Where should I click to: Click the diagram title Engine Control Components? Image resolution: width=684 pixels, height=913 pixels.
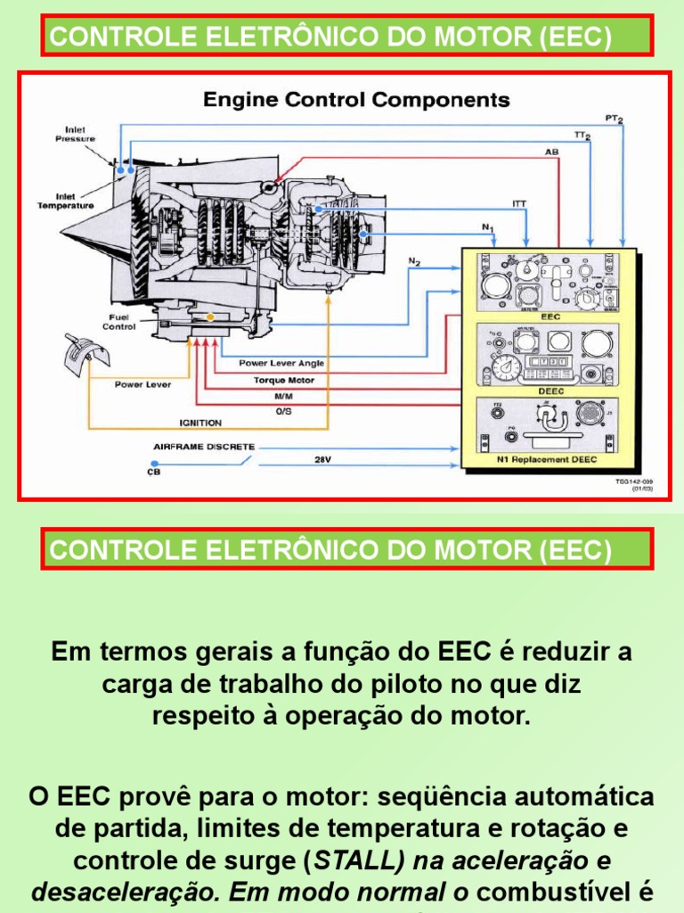[356, 99]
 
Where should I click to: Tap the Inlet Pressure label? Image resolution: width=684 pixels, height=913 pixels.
[75, 135]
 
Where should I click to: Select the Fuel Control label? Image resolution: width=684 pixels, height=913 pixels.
[120, 322]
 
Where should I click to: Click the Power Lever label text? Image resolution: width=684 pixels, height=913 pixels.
[142, 384]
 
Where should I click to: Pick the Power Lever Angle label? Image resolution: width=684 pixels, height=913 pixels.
[281, 363]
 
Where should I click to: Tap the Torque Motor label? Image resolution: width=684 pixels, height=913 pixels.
[283, 379]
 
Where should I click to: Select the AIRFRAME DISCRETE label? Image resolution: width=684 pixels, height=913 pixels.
[204, 446]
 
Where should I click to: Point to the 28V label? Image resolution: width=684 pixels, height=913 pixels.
[322, 461]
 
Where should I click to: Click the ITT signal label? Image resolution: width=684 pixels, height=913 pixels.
[518, 203]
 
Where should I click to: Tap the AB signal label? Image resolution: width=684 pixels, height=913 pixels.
[552, 152]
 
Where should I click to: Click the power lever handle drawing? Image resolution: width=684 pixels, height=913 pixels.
[85, 351]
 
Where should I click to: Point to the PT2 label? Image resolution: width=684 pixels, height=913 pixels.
[614, 119]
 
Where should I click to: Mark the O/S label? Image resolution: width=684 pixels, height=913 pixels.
[282, 411]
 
